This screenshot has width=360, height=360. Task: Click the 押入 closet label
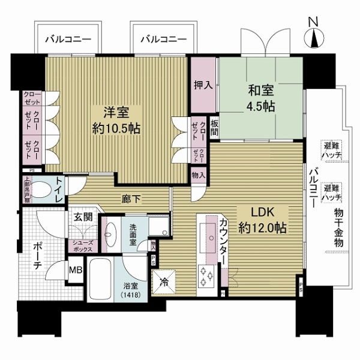tap(203, 85)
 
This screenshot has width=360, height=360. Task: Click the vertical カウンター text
tap(223, 241)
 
